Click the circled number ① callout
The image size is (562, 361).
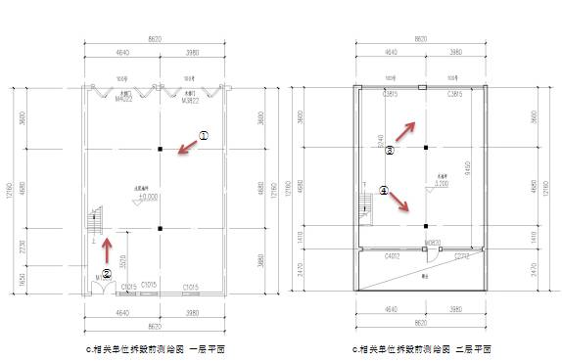pos(205,136)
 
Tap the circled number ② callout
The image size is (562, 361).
pos(107,273)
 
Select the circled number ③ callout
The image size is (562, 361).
pos(389,152)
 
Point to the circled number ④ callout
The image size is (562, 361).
pos(384,191)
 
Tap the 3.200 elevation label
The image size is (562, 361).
pos(441,183)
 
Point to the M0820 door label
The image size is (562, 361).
pos(433,241)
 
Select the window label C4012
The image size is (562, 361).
pos(392,255)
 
